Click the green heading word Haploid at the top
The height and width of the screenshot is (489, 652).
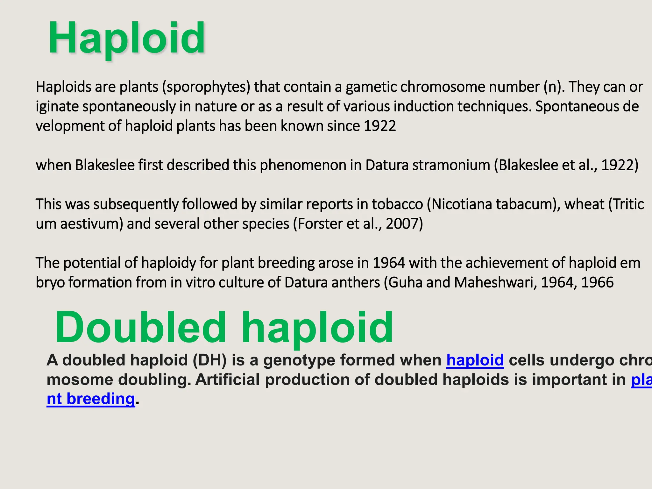tap(126, 38)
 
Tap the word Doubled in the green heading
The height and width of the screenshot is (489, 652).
tap(140, 327)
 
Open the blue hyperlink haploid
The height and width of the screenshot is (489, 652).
tap(475, 360)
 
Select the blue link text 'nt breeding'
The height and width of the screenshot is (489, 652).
tap(91, 399)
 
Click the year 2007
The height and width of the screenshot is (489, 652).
tap(402, 224)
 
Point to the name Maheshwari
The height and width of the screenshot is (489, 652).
tap(495, 282)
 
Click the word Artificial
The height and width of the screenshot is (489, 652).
tap(227, 379)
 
